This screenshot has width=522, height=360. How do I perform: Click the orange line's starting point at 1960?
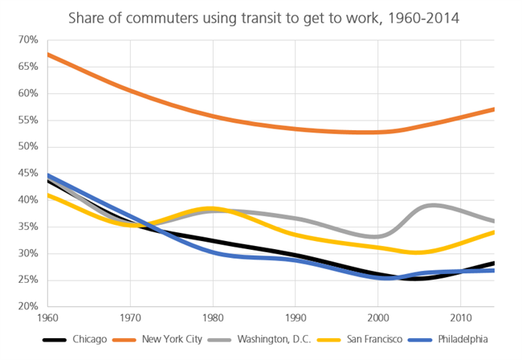(49, 54)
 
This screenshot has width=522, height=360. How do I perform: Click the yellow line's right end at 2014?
(492, 231)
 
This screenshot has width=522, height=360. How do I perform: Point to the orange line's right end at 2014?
(492, 108)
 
